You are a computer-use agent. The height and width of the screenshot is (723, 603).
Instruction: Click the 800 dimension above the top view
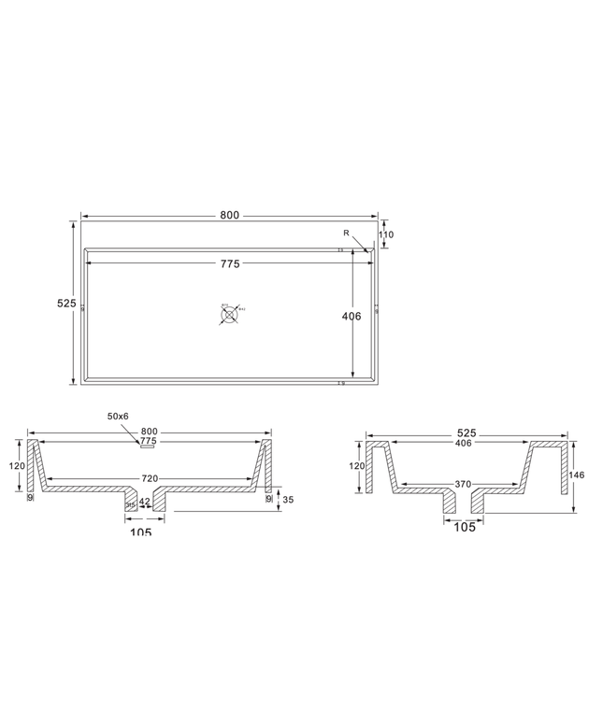click(x=230, y=215)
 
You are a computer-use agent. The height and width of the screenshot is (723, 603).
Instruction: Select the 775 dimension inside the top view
click(x=230, y=264)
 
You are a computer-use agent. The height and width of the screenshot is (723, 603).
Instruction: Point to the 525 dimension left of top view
click(x=65, y=304)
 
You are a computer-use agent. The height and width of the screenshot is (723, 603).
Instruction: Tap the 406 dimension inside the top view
click(x=352, y=317)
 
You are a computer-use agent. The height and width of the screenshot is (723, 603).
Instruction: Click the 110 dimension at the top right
click(x=386, y=234)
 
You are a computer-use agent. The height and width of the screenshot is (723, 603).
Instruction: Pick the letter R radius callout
click(x=346, y=232)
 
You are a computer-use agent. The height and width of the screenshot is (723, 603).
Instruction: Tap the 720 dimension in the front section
click(x=150, y=478)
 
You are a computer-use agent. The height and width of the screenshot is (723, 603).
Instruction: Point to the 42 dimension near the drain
click(x=144, y=502)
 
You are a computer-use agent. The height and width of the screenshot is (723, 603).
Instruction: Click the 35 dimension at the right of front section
click(x=287, y=500)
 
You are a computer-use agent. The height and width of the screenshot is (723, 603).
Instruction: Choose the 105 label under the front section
click(x=139, y=532)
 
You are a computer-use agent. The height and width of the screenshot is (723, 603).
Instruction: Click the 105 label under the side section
click(x=464, y=527)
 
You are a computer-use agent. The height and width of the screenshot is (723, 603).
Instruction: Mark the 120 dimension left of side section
click(x=357, y=466)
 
